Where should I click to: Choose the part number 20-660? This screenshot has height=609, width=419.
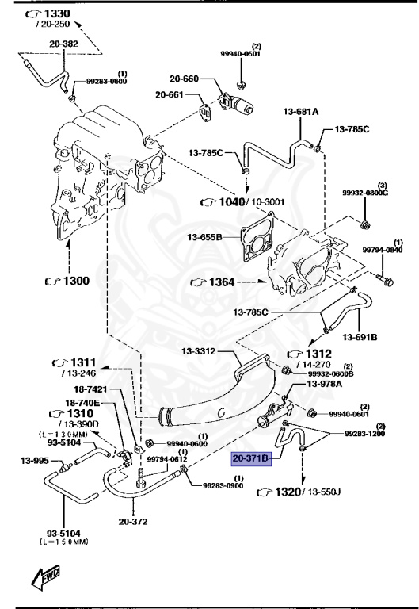click(x=185, y=79)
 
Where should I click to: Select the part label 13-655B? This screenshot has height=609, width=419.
click(x=206, y=236)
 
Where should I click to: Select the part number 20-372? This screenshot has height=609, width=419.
click(x=135, y=522)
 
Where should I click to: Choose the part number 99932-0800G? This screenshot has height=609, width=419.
click(x=364, y=193)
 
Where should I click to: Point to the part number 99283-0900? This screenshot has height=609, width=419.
click(x=224, y=485)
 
